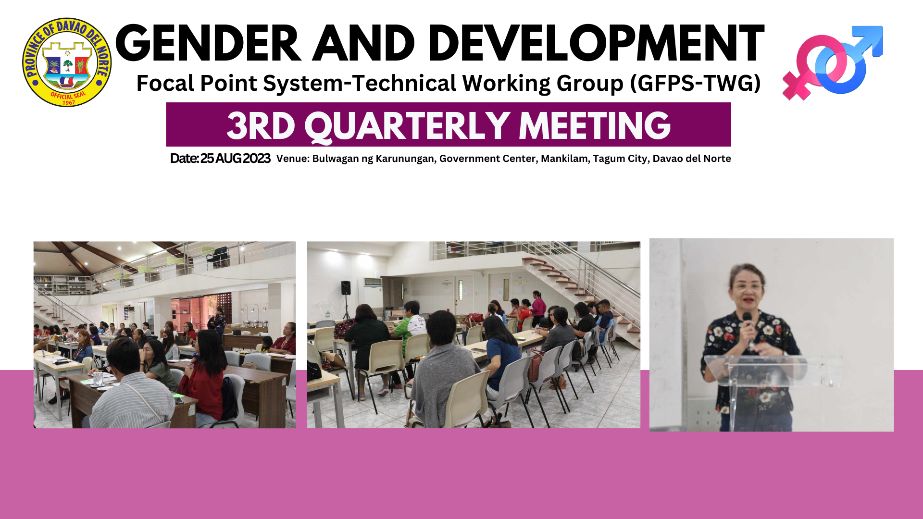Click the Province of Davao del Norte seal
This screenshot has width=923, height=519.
67,62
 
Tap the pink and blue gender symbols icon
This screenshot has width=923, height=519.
833,62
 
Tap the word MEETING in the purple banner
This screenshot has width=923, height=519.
595,125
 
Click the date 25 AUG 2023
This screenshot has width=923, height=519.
235,159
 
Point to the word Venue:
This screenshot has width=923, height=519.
293,159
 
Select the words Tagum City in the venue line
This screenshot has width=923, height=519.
620,159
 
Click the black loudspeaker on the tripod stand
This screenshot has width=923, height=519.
346,288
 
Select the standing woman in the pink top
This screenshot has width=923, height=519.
538,308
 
